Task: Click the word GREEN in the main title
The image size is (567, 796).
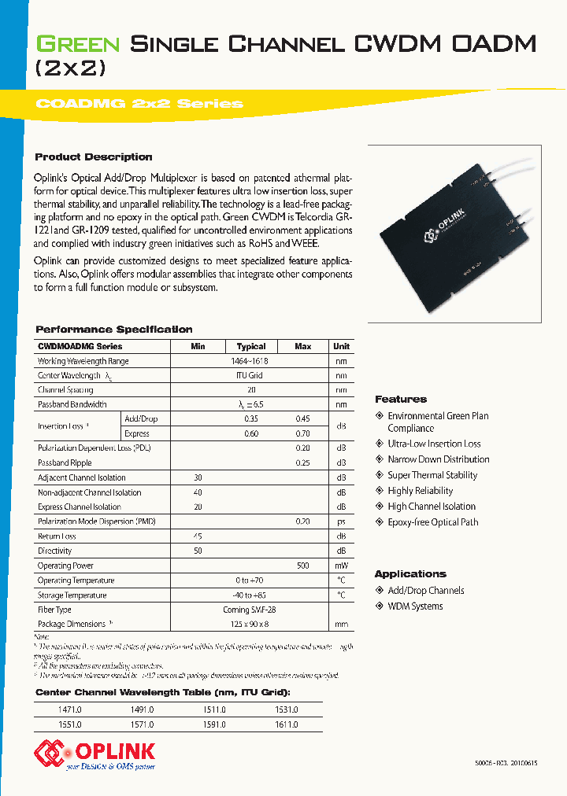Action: [x=77, y=44]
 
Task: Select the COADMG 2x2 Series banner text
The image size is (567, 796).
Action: [x=139, y=104]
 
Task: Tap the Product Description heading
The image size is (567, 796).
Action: [x=94, y=157]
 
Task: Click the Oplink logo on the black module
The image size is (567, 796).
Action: [x=453, y=234]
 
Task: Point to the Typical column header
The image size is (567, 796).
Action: [x=251, y=346]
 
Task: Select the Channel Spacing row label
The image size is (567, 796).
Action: [x=65, y=390]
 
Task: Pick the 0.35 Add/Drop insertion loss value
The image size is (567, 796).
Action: [x=251, y=419]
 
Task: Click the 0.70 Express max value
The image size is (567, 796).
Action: [x=303, y=433]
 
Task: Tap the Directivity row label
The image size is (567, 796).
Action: [x=55, y=551]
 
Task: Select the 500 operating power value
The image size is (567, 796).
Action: [x=303, y=566]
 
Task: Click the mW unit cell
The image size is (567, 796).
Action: [x=341, y=566]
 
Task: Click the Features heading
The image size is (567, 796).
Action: [x=401, y=400]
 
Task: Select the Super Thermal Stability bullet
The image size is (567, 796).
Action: [x=432, y=475]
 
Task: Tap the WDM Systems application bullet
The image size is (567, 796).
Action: [x=415, y=606]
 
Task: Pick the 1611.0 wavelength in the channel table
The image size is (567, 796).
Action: [x=286, y=724]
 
